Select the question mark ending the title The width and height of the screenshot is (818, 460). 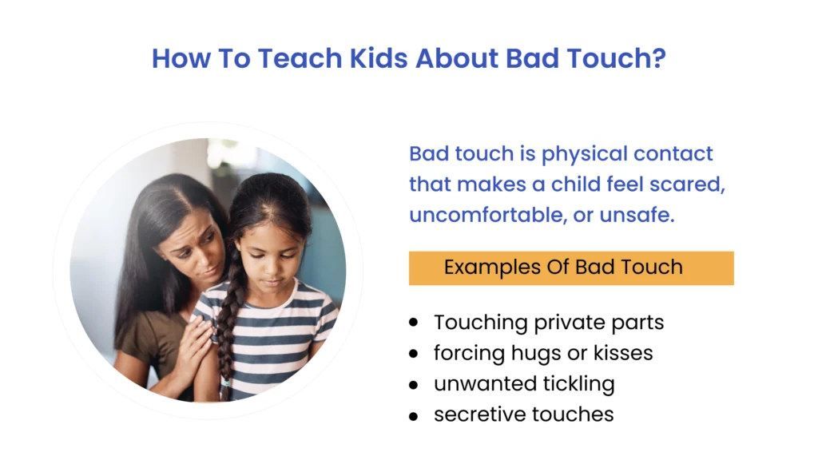tap(658, 58)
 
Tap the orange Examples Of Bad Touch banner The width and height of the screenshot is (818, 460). tap(570, 268)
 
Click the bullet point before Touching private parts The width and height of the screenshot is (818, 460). tap(413, 323)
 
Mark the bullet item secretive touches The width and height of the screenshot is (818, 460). tap(523, 414)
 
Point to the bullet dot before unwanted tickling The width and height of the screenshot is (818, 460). tap(413, 384)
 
